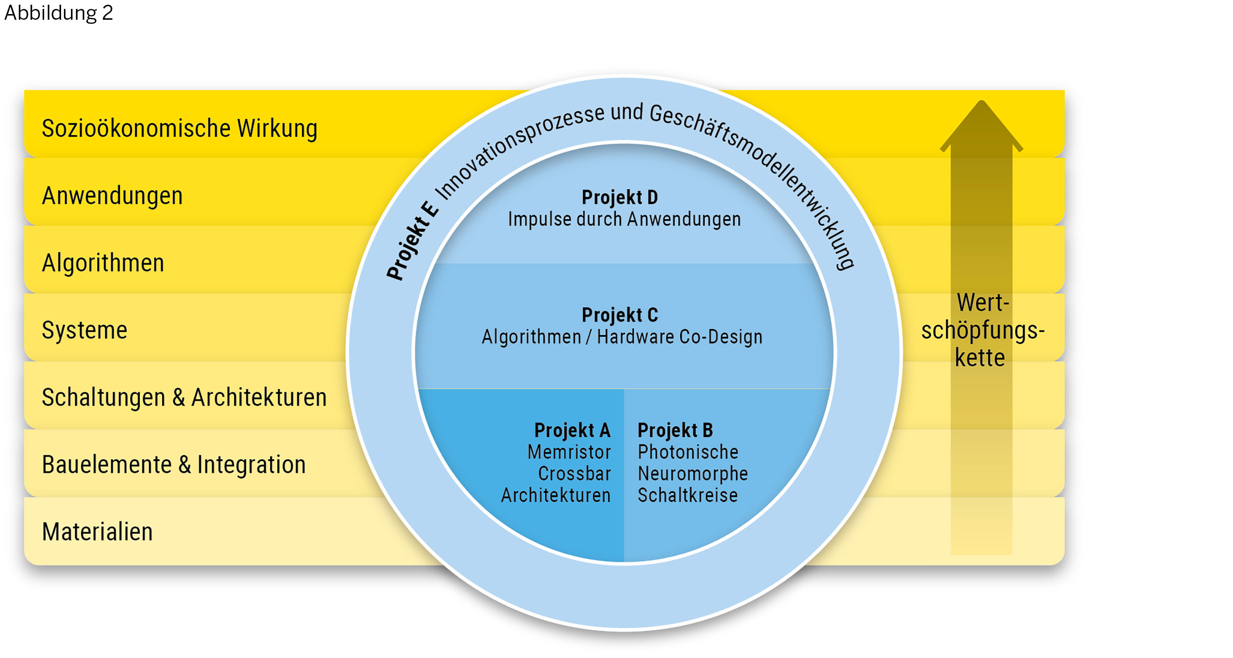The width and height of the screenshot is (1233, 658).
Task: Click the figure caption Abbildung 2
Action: pyautogui.click(x=58, y=13)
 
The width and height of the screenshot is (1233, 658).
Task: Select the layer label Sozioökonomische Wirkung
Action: pyautogui.click(x=179, y=128)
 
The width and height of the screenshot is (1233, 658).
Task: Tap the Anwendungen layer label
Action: pyautogui.click(x=112, y=196)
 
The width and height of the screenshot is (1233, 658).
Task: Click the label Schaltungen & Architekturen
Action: pyautogui.click(x=184, y=398)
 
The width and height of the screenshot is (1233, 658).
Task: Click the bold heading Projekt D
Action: pyautogui.click(x=620, y=197)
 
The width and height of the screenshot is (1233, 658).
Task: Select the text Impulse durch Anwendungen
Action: pyautogui.click(x=624, y=219)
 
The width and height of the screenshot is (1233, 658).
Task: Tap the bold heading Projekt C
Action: pyautogui.click(x=620, y=315)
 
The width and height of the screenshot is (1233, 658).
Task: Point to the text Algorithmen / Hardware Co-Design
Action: pyautogui.click(x=622, y=337)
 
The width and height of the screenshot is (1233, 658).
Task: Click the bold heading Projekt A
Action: pyautogui.click(x=572, y=431)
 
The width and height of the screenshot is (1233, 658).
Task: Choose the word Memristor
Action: pyautogui.click(x=569, y=452)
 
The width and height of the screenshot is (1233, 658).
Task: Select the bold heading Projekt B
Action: pyautogui.click(x=675, y=431)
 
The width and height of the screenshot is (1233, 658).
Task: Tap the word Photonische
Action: pyautogui.click(x=688, y=452)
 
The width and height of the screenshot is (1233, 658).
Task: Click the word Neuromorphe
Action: pyautogui.click(x=693, y=474)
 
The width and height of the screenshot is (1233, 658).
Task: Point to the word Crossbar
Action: pyautogui.click(x=574, y=474)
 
